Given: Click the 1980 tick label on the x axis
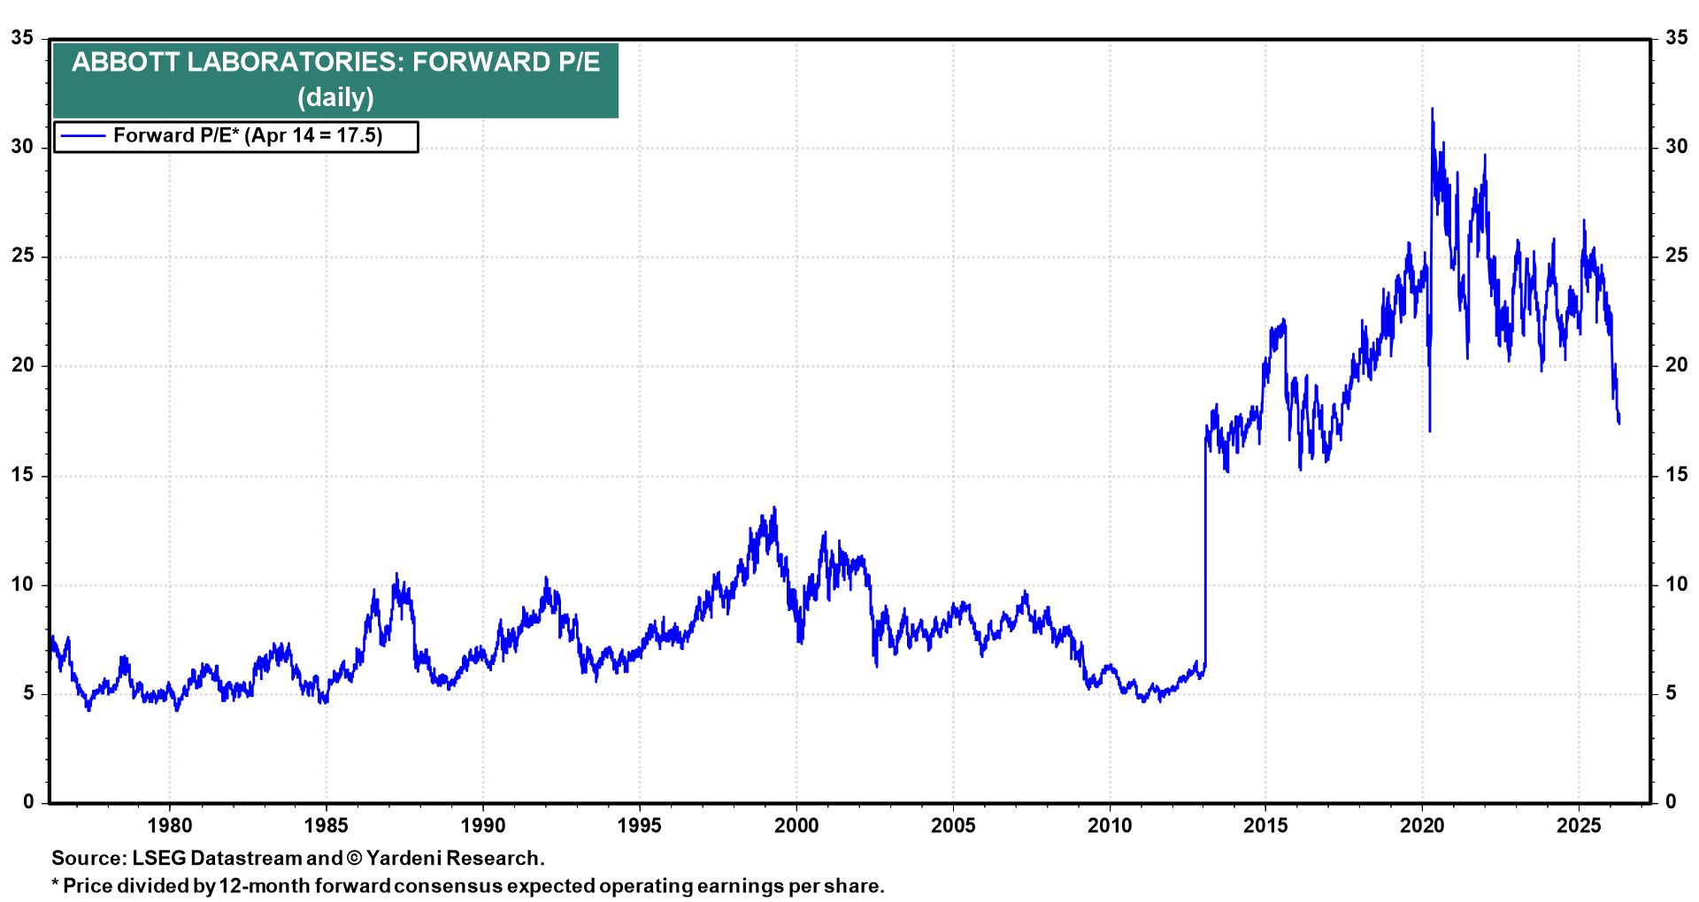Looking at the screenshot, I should point(169,826).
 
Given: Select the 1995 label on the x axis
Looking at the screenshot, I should point(639,826).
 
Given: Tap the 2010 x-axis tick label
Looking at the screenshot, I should point(1109,826).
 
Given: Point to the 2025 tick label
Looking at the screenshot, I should point(1579,826).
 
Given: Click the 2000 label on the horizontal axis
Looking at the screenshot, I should point(796,826).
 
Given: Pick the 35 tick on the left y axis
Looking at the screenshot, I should point(22,38).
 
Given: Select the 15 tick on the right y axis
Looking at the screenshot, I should point(1676,475).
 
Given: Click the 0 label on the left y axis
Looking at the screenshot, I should point(28,802).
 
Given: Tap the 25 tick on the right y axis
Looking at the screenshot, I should point(1676,256).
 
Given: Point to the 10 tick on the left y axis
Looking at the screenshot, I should point(22,585).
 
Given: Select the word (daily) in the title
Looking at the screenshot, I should point(335,97).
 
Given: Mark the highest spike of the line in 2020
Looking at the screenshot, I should point(1432,110).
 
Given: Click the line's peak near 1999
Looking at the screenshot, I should point(775,508).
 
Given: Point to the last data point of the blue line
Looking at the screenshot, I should point(1618,422).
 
